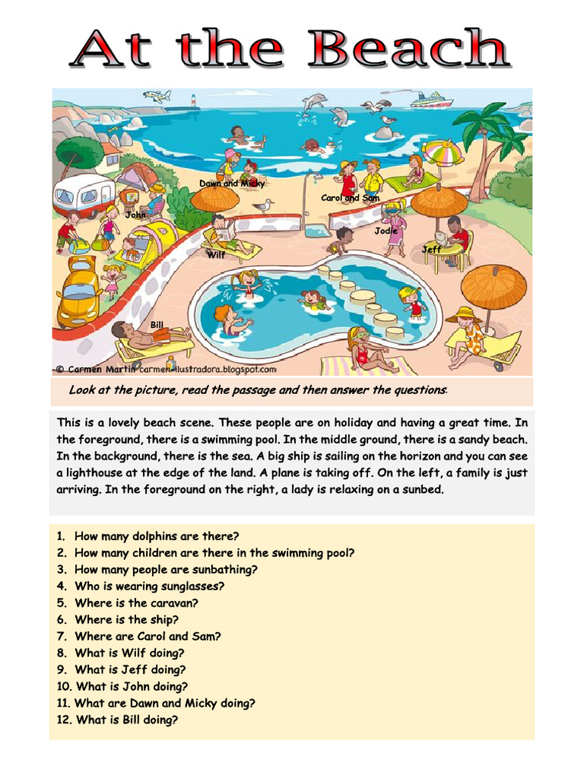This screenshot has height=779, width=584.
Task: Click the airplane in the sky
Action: click(x=157, y=96)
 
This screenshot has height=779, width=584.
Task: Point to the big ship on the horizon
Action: click(x=430, y=100)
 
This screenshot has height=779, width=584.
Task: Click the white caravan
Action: click(x=83, y=194)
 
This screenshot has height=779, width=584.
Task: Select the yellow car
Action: click(x=78, y=293)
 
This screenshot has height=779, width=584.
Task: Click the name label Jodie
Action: click(x=386, y=231)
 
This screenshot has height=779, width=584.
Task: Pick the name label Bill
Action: click(x=157, y=325)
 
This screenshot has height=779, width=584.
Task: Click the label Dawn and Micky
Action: click(x=231, y=183)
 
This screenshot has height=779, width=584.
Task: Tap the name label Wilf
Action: click(x=216, y=256)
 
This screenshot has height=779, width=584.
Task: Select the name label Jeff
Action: click(x=431, y=250)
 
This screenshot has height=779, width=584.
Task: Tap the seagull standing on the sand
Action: click(x=264, y=205)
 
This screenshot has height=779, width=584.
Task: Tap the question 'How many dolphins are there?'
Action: click(x=156, y=536)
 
